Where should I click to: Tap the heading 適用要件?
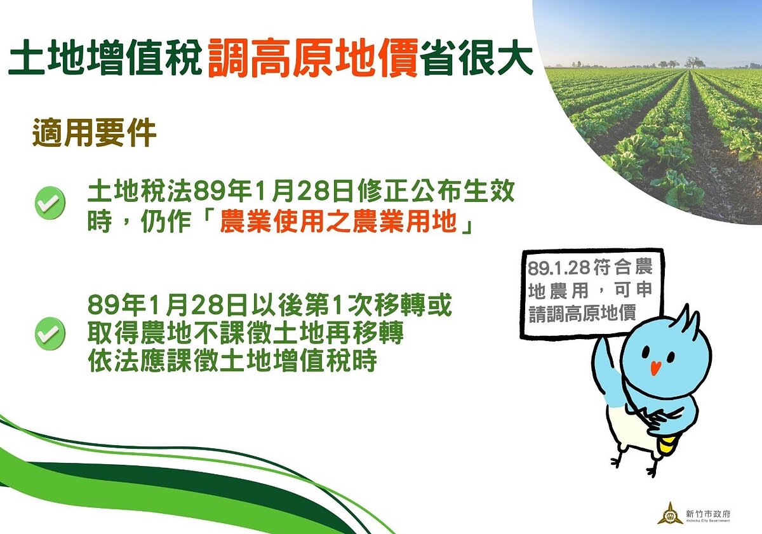pos(94,134)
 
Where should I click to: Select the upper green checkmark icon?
pos(50,203)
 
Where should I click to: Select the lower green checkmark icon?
pos(50,333)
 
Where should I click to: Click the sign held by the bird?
pos(591,292)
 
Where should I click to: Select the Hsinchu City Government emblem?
pos(670,512)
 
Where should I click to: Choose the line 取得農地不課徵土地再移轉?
pos(246,333)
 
